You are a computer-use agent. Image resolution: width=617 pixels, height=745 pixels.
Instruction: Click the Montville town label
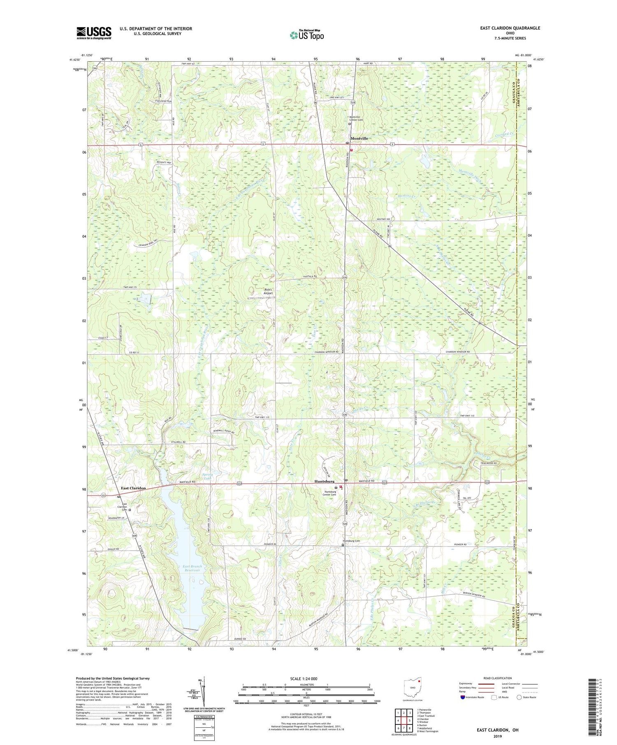tap(359, 138)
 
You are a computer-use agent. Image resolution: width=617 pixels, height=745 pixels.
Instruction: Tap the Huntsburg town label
tap(324, 481)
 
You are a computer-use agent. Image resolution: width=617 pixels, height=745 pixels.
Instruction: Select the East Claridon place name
tap(133, 488)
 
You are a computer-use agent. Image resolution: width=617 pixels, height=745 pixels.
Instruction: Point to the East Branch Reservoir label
tap(193, 568)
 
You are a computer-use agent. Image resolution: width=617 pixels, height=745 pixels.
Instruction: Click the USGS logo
tap(94, 33)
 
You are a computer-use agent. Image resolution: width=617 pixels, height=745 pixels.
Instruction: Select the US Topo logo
tap(306, 35)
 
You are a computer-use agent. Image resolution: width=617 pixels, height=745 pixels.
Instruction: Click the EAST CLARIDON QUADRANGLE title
tap(510, 28)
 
